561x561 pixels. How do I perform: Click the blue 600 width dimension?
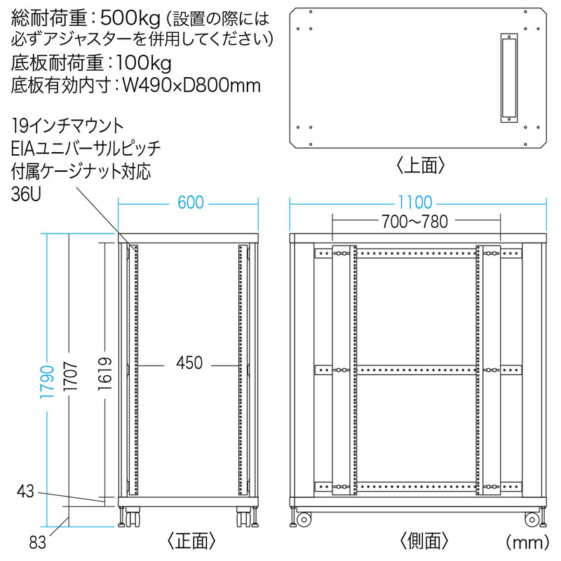(191, 203)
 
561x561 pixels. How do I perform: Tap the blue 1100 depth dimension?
(415, 203)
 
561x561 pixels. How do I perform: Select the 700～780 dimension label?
(414, 222)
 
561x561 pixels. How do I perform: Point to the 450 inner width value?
(189, 363)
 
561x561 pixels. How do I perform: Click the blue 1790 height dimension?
(47, 382)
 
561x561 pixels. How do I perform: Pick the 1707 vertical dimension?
(71, 377)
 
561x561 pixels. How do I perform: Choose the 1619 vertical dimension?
(105, 374)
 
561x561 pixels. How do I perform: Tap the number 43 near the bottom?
(25, 492)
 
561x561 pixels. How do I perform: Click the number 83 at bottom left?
(38, 543)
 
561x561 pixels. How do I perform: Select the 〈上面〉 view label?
(420, 165)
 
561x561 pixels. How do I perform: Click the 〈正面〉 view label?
(191, 541)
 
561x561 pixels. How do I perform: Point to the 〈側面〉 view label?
(424, 541)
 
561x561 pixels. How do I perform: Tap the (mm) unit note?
(527, 542)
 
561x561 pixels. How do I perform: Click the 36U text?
(26, 194)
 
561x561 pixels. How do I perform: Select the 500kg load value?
(130, 19)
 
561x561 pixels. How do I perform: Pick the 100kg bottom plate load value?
(144, 64)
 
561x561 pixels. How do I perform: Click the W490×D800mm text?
(191, 86)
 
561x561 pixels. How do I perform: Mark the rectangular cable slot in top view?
(509, 79)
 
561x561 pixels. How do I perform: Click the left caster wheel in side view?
(304, 519)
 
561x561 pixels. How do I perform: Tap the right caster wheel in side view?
(532, 519)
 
